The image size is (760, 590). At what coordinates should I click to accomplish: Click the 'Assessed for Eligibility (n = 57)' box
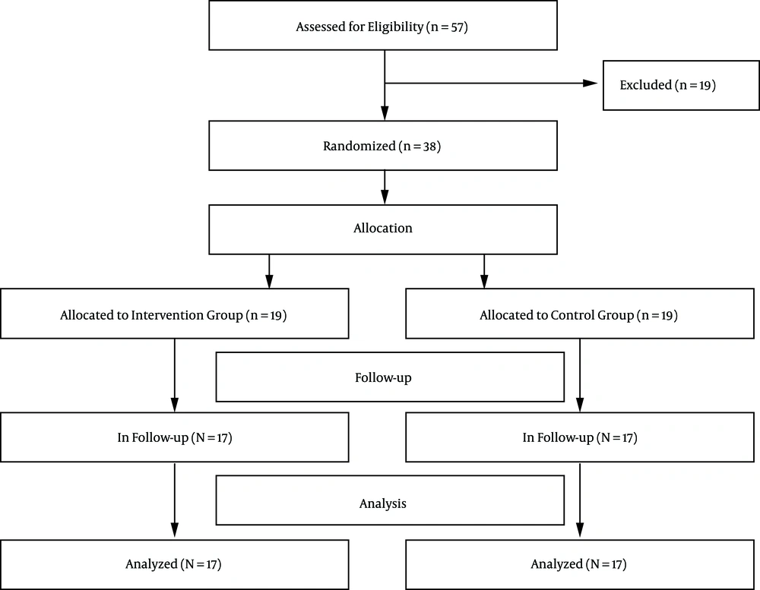383,27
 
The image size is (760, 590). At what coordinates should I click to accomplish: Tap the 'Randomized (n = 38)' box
383,146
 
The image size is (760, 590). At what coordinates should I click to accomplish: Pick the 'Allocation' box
383,229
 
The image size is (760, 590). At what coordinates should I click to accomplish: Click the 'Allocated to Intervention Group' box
174,314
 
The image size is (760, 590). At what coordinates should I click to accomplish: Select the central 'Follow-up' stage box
390,377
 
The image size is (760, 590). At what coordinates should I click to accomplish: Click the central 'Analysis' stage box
390,503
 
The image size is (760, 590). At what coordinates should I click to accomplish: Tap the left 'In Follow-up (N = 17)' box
174,437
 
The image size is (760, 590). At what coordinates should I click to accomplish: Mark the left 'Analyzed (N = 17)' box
174,564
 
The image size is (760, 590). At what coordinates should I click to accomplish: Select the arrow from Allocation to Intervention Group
269,270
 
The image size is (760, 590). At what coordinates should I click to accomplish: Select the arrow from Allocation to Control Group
484,270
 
